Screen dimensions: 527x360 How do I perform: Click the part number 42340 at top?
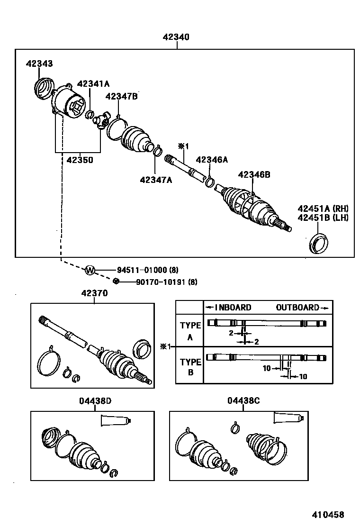[x=176, y=37]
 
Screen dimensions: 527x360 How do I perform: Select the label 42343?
[x=39, y=64]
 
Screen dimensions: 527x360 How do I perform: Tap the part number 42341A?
[x=93, y=84]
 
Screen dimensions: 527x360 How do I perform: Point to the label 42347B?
[x=121, y=97]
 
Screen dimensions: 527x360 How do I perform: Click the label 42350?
[x=80, y=160]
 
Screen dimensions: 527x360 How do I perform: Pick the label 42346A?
[x=212, y=160]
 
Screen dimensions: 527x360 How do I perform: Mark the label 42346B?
[x=254, y=175]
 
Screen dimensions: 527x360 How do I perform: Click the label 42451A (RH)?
[x=323, y=209]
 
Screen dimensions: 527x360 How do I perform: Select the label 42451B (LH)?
[x=323, y=218]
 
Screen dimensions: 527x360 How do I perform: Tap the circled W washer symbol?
[x=90, y=271]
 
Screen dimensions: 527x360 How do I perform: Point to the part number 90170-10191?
[x=160, y=282]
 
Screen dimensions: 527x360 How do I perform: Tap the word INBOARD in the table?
[x=233, y=308]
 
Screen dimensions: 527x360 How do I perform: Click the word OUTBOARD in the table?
[x=297, y=308]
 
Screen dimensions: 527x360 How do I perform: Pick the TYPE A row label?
[x=190, y=330]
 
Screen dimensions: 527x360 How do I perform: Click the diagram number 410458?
[x=327, y=514]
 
